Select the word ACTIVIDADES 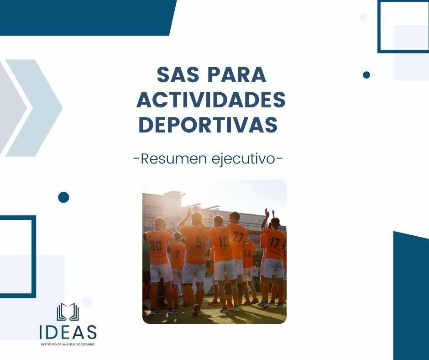point(211,100)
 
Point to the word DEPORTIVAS point(208,125)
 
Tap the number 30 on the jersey point(156,246)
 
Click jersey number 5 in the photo point(198,242)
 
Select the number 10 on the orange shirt point(223,241)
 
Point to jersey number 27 point(238,236)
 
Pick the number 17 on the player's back point(274,242)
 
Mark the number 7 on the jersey point(177,254)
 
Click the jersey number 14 point(248,254)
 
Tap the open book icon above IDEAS point(68,312)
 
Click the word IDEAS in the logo point(68,332)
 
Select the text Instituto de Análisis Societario point(68,344)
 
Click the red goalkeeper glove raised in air point(267,213)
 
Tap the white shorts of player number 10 point(225,270)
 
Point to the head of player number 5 point(196,218)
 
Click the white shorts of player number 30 point(161,273)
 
